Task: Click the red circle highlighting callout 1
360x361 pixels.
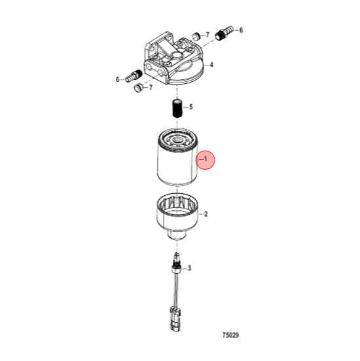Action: click(x=207, y=160)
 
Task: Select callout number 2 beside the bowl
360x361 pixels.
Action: click(x=206, y=214)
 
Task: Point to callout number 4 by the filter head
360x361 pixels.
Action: click(x=212, y=65)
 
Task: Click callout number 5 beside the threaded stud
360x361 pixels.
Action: click(x=190, y=106)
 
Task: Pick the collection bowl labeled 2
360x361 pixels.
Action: click(x=175, y=215)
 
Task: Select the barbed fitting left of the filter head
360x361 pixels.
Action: click(x=132, y=75)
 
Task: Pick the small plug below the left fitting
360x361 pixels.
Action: click(x=138, y=86)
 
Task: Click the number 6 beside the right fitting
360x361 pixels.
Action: click(x=241, y=30)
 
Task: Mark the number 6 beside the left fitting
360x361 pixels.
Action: click(x=118, y=79)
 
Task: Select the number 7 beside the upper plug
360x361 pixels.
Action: click(x=207, y=34)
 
